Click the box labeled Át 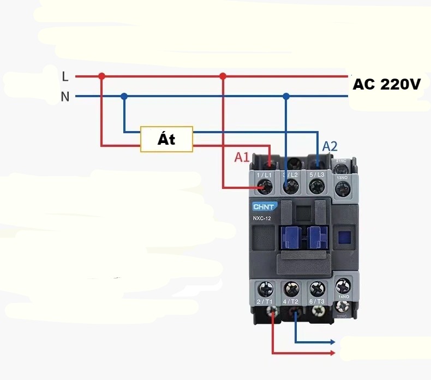pyautogui.click(x=166, y=139)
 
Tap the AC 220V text pyautogui.click(x=386, y=85)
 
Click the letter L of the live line pyautogui.click(x=65, y=76)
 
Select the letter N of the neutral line pyautogui.click(x=65, y=97)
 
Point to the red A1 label pyautogui.click(x=242, y=157)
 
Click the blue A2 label pyautogui.click(x=330, y=146)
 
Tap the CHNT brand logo pyautogui.click(x=264, y=206)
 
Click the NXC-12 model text pyautogui.click(x=262, y=219)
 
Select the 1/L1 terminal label pyautogui.click(x=265, y=175)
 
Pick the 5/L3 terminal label pyautogui.click(x=316, y=175)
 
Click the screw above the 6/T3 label pyautogui.click(x=316, y=288)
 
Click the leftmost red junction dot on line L pyautogui.click(x=101, y=76)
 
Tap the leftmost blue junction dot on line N pyautogui.click(x=124, y=97)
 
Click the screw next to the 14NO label pyautogui.click(x=343, y=285)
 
